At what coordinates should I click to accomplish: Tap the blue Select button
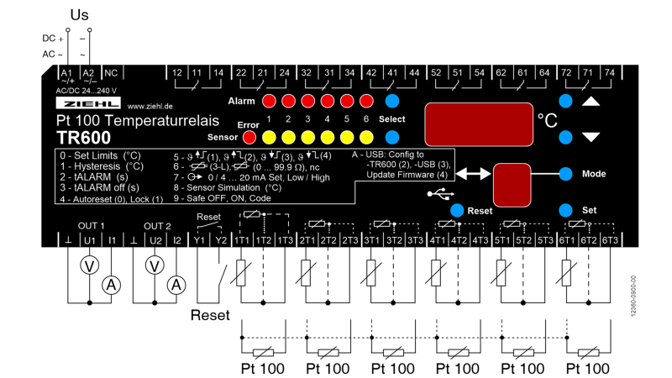pos(391,101)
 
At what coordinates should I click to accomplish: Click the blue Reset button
pos(457,210)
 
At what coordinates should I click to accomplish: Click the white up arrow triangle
pos(591,102)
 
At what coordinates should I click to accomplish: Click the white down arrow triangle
pos(591,137)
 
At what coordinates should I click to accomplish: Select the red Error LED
pos(248,136)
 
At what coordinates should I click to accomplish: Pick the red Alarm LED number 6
pos(365,101)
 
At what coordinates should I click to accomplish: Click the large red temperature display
pos(476,124)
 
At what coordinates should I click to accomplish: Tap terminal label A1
pos(66,73)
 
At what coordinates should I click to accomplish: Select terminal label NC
pos(110,73)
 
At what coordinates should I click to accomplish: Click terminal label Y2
pos(220,240)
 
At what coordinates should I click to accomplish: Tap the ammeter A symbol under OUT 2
pos(176,286)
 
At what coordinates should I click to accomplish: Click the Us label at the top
pos(79,15)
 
